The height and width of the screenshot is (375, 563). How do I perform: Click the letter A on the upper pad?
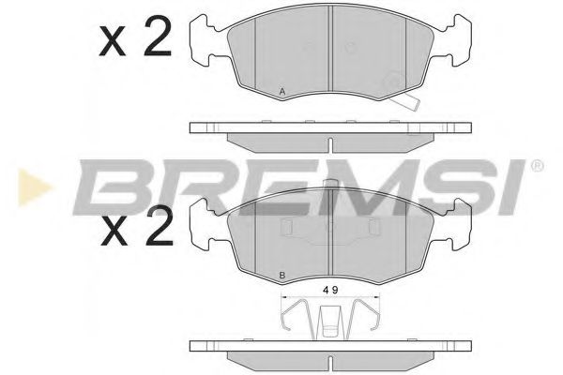(282, 90)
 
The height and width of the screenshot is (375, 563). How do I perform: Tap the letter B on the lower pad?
(282, 275)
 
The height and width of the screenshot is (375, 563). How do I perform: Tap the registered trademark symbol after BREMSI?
(537, 167)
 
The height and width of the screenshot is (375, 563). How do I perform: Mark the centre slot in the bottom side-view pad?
(329, 360)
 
